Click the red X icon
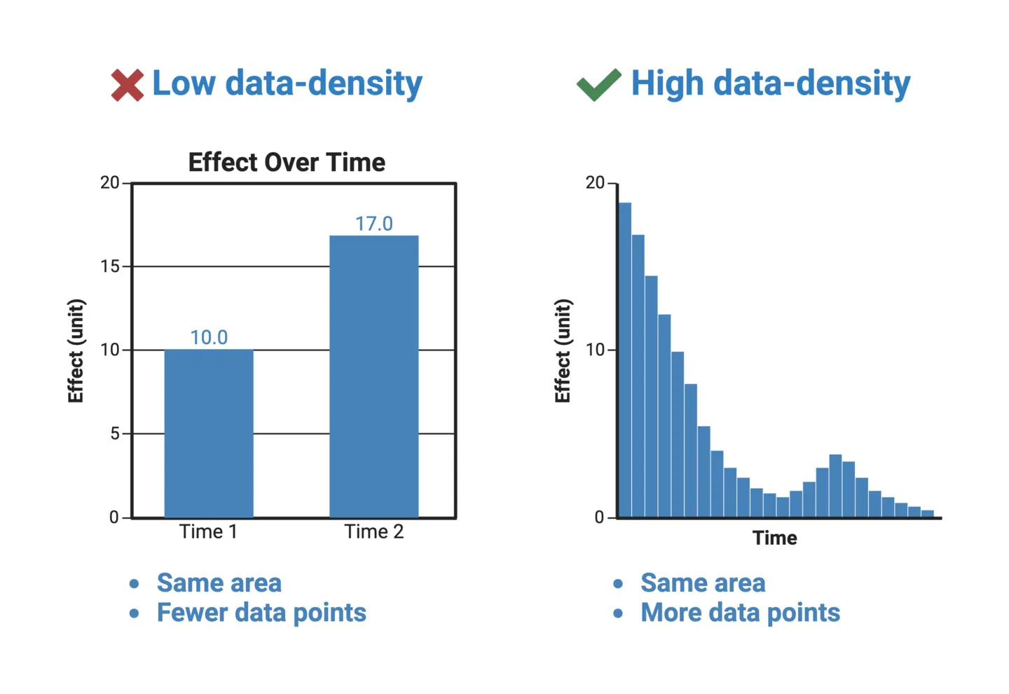[x=127, y=86]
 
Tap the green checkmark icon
[x=598, y=85]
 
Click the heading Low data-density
[x=287, y=83]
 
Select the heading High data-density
[x=770, y=83]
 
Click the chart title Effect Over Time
[x=287, y=163]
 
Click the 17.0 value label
[x=373, y=224]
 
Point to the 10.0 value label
[x=209, y=337]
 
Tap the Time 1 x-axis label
[x=208, y=532]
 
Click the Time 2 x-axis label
[x=373, y=532]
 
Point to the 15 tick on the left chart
[x=110, y=266]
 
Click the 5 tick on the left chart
[x=114, y=434]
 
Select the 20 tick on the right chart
[x=595, y=183]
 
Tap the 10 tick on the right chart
[x=595, y=350]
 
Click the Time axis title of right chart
[x=774, y=538]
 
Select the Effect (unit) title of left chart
[x=76, y=351]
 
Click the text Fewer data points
[x=261, y=613]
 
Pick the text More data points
[x=740, y=613]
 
